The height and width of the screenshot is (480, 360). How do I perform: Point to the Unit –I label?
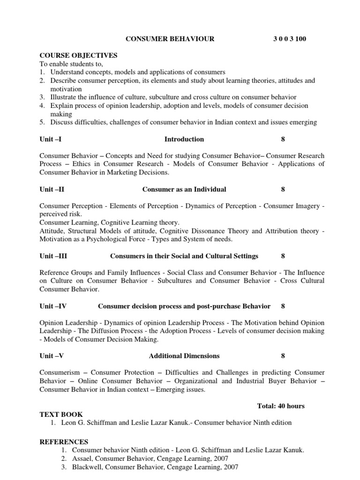pos(51,139)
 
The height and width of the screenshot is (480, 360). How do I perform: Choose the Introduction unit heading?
pos(184,139)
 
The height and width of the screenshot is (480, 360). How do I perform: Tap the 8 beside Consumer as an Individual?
pos(283,189)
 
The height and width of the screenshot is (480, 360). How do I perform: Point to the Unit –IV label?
pos(53,306)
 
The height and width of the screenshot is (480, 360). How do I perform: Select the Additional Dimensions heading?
pos(184,356)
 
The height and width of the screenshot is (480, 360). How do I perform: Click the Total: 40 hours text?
pos(281,406)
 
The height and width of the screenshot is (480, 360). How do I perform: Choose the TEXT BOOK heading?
pos(61,414)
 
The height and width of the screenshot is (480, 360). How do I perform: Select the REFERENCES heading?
pos(64,442)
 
